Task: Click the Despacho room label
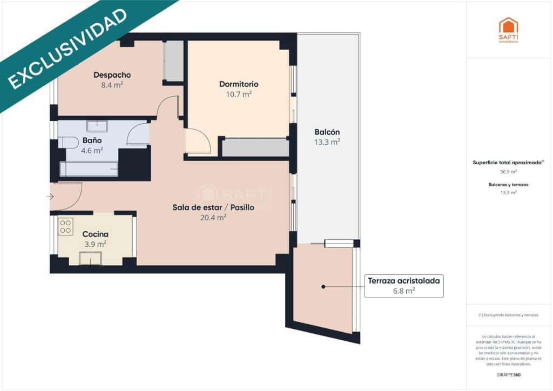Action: (112, 75)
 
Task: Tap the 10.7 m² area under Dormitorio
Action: (238, 94)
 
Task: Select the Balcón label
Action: (327, 132)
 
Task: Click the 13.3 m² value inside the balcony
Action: (327, 143)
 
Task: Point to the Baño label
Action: (92, 140)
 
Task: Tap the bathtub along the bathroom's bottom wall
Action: (89, 169)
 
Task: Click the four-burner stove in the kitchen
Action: (65, 226)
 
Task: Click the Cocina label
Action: (95, 234)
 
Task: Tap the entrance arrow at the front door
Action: (51, 197)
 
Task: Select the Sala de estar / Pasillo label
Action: (213, 207)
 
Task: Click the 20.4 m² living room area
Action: (213, 217)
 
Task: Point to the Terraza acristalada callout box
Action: (404, 285)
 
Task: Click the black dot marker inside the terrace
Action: (323, 287)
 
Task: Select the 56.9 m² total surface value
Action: (508, 172)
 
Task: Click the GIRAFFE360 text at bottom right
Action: (508, 375)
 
